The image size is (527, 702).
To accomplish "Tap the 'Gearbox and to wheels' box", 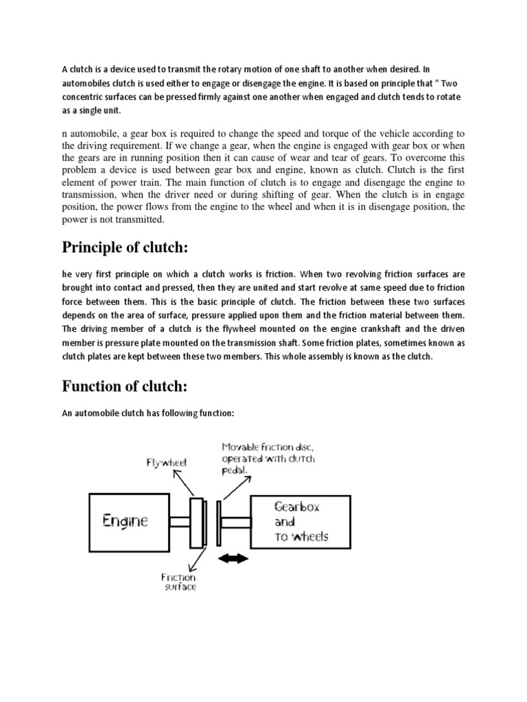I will [303, 522].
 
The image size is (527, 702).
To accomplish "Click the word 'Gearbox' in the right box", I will [298, 508].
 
